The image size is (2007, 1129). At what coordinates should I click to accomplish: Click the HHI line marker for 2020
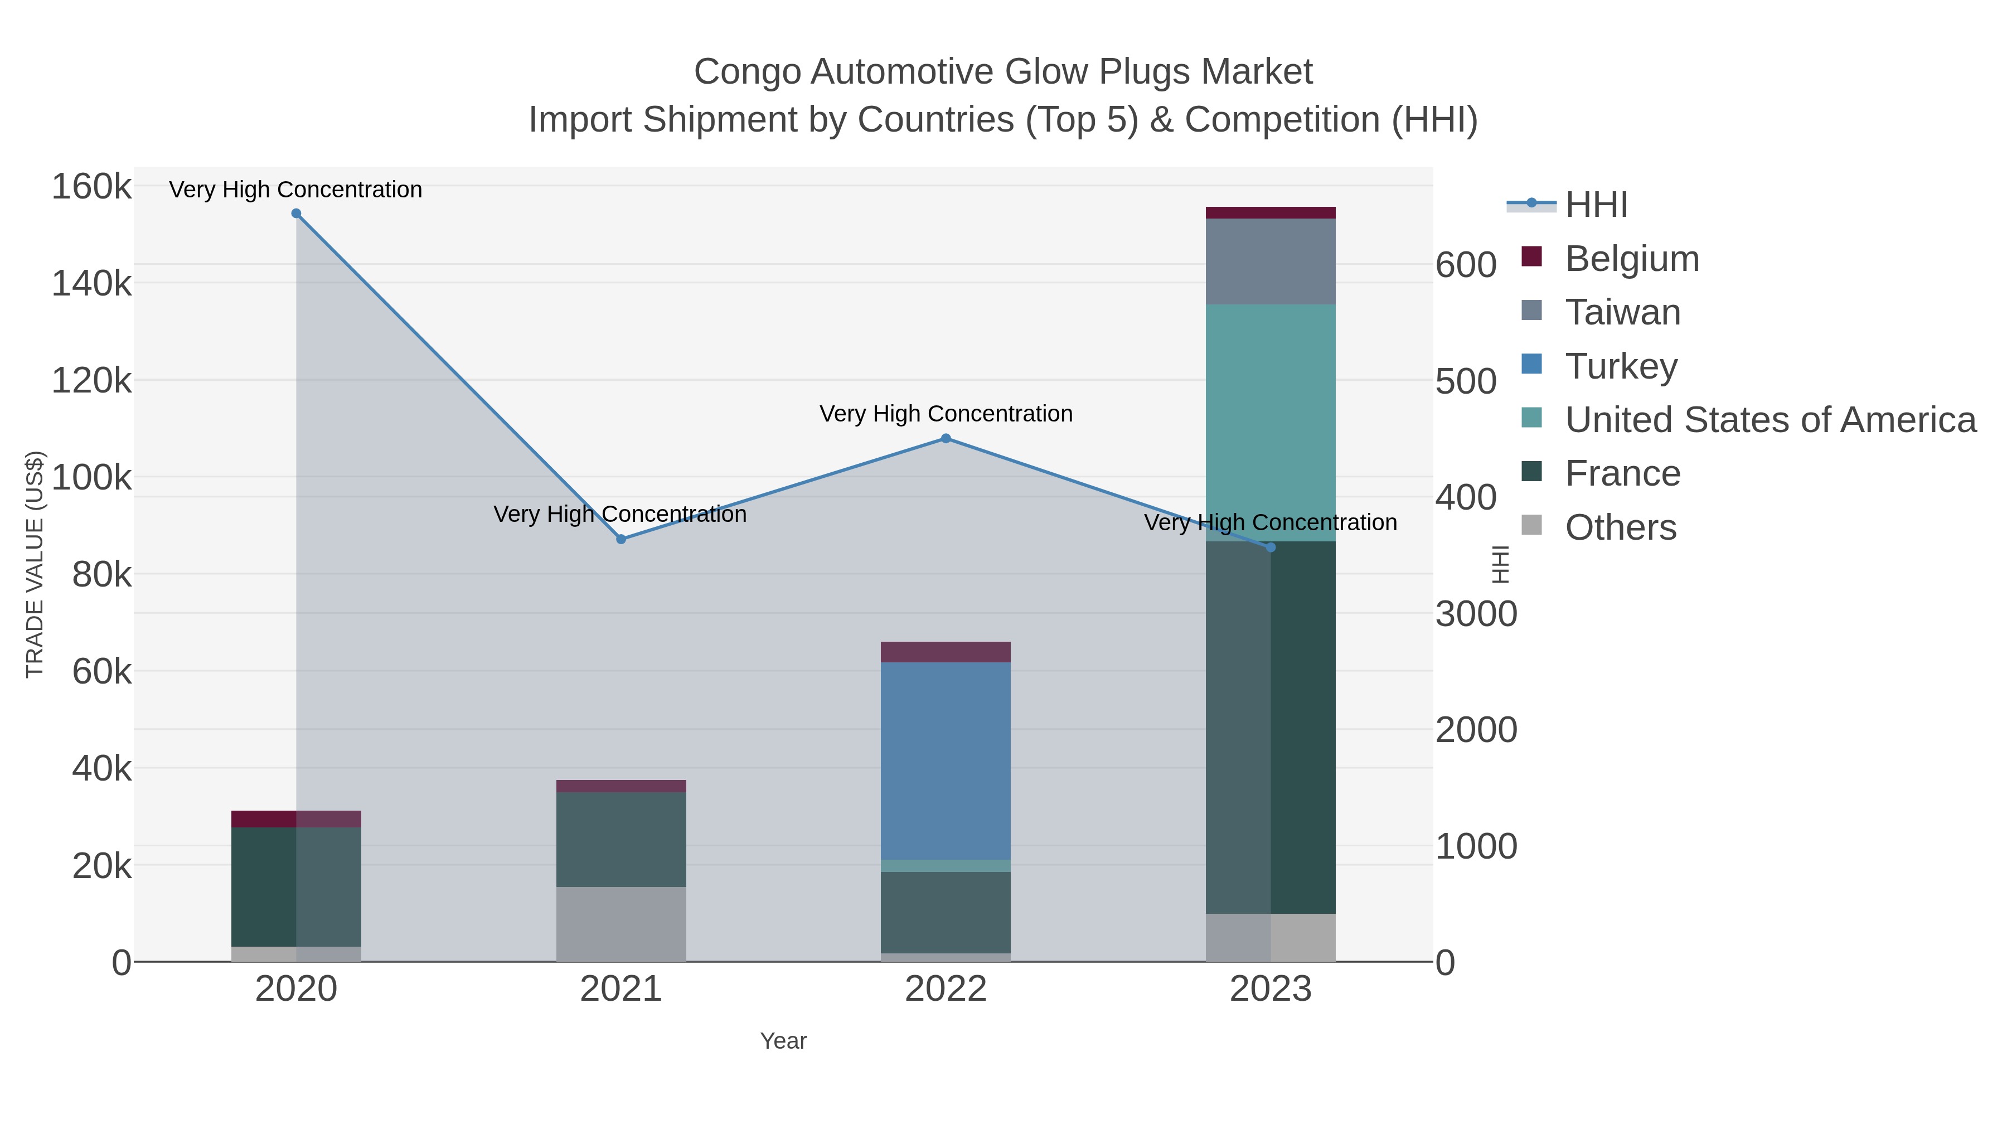click(296, 214)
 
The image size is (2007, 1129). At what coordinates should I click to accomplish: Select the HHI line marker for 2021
click(621, 539)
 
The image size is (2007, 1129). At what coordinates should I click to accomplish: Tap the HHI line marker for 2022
click(946, 439)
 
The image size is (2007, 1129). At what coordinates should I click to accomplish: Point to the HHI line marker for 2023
click(1271, 547)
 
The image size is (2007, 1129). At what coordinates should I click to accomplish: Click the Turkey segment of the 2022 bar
click(946, 760)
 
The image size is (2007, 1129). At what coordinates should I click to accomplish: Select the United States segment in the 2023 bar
click(1271, 421)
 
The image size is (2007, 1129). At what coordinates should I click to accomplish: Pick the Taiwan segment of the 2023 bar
click(1271, 261)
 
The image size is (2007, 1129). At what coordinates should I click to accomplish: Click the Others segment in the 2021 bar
click(621, 924)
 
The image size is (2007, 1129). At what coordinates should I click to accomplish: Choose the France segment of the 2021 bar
click(621, 839)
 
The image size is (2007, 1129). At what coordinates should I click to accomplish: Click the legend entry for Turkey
click(1621, 366)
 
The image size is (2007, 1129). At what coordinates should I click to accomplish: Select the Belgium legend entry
click(1631, 259)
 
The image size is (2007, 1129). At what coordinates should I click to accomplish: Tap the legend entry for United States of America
click(1768, 420)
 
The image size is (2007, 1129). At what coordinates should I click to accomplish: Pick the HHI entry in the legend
click(1596, 205)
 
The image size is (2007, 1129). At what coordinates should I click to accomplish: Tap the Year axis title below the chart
click(783, 1041)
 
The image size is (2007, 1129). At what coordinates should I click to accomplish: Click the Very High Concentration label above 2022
click(946, 414)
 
